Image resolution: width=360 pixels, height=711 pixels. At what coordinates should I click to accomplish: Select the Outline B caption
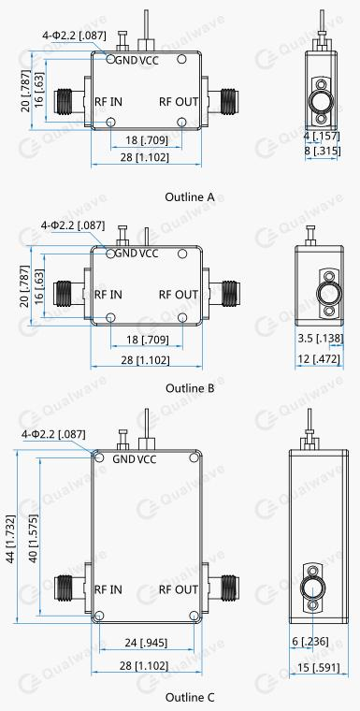190,388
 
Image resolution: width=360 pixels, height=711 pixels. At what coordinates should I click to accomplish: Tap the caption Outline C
190,697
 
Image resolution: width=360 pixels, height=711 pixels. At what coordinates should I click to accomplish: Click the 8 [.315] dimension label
323,151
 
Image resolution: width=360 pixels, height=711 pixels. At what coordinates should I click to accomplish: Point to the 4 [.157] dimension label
323,136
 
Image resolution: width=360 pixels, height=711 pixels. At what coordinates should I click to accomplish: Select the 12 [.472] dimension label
319,359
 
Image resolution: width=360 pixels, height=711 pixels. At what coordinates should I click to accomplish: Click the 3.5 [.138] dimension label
321,339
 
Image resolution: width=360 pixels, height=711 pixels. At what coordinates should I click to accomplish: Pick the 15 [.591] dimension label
319,667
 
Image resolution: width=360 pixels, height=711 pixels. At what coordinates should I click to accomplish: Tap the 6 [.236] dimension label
310,642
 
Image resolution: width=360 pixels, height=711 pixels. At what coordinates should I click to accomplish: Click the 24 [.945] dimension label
147,643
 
